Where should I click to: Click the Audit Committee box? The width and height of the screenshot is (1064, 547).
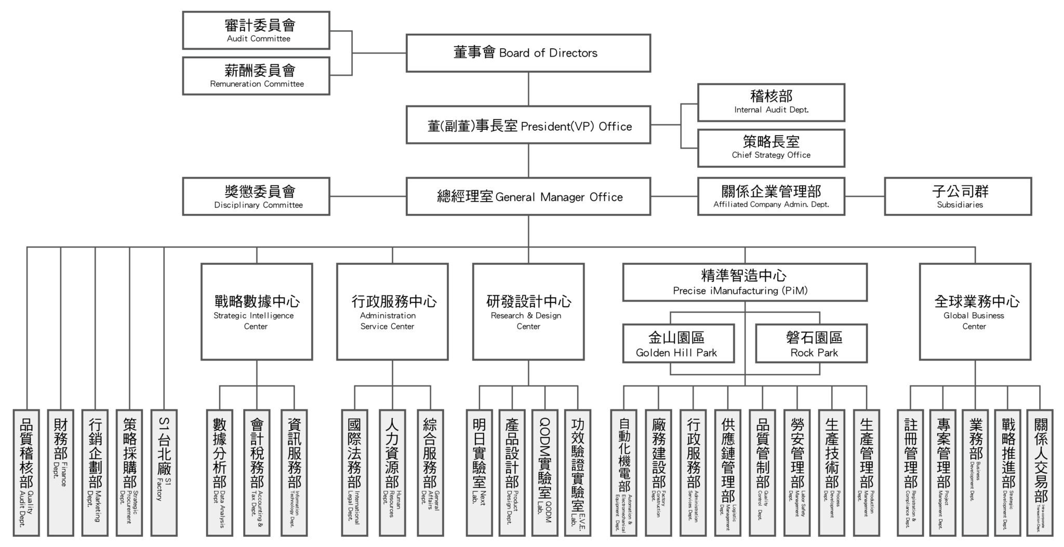[256, 31]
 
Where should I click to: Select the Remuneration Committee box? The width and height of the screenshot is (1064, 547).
[256, 76]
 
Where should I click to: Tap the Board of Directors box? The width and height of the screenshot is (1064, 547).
[528, 53]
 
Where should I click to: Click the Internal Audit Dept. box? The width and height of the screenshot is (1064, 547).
[771, 102]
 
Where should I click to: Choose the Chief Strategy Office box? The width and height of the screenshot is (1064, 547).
[771, 148]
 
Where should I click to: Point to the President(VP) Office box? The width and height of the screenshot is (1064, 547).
[528, 125]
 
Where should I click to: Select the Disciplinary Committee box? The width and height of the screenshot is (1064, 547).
[256, 196]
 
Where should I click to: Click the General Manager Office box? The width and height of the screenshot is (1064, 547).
[528, 196]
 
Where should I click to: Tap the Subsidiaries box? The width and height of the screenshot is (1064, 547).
[958, 196]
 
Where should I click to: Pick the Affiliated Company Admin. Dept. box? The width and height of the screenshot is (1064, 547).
[771, 196]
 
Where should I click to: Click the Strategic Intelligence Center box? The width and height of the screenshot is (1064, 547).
[257, 312]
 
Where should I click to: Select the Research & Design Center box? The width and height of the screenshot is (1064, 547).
[528, 312]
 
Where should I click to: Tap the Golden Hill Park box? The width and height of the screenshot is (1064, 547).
[679, 343]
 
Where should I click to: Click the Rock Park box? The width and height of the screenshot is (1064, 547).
[811, 343]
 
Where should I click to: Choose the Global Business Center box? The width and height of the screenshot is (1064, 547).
[975, 312]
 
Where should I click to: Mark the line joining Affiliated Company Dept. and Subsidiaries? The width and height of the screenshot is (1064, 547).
[864, 196]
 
